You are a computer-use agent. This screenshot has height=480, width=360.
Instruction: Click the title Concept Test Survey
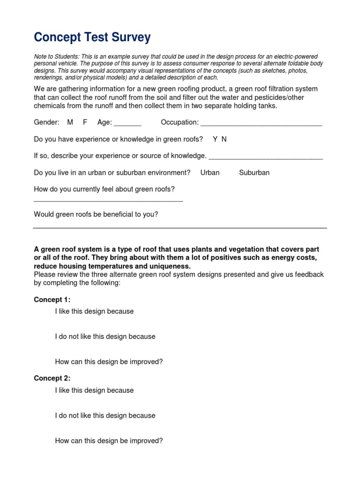[x=92, y=37]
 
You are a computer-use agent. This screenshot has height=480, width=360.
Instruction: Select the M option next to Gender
[x=70, y=122]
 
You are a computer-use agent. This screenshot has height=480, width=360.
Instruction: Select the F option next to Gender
[x=85, y=122]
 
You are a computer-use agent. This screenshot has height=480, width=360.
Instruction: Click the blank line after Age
[x=127, y=124]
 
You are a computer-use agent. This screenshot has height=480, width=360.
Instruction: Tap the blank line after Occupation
[x=261, y=124]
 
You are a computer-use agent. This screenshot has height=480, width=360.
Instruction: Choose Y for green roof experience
[x=215, y=139]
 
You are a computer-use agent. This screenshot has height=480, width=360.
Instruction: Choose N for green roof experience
[x=224, y=139]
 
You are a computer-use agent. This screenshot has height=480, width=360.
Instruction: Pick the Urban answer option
[x=210, y=172]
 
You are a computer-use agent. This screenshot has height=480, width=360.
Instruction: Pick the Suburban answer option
[x=254, y=172]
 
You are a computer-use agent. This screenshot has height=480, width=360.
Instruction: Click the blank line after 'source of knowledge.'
[x=265, y=157]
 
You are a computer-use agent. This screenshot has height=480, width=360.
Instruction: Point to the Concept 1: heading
[x=52, y=300]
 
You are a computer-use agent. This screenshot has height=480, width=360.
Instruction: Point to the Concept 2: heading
[x=52, y=378]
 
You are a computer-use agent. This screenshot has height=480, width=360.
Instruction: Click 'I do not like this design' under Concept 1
[x=105, y=337]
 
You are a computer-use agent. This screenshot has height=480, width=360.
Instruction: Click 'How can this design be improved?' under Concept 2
[x=109, y=441]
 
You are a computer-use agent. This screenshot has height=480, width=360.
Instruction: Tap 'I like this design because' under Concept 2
[x=94, y=390]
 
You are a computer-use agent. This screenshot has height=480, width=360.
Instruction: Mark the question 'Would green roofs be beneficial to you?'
[x=96, y=214]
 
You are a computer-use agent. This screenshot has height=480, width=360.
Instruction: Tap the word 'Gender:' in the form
[x=46, y=122]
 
